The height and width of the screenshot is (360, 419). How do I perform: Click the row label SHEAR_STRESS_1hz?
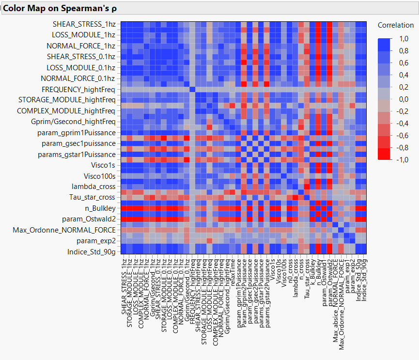coord(84,24)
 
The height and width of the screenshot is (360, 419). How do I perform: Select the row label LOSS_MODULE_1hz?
coord(83,35)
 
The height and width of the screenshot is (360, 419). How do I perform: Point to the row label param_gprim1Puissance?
coord(76,133)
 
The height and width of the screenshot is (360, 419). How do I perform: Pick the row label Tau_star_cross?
coord(92,197)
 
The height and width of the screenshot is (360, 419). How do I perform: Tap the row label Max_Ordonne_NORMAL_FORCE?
coord(64,230)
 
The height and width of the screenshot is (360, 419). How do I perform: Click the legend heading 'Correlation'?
coord(396,25)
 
